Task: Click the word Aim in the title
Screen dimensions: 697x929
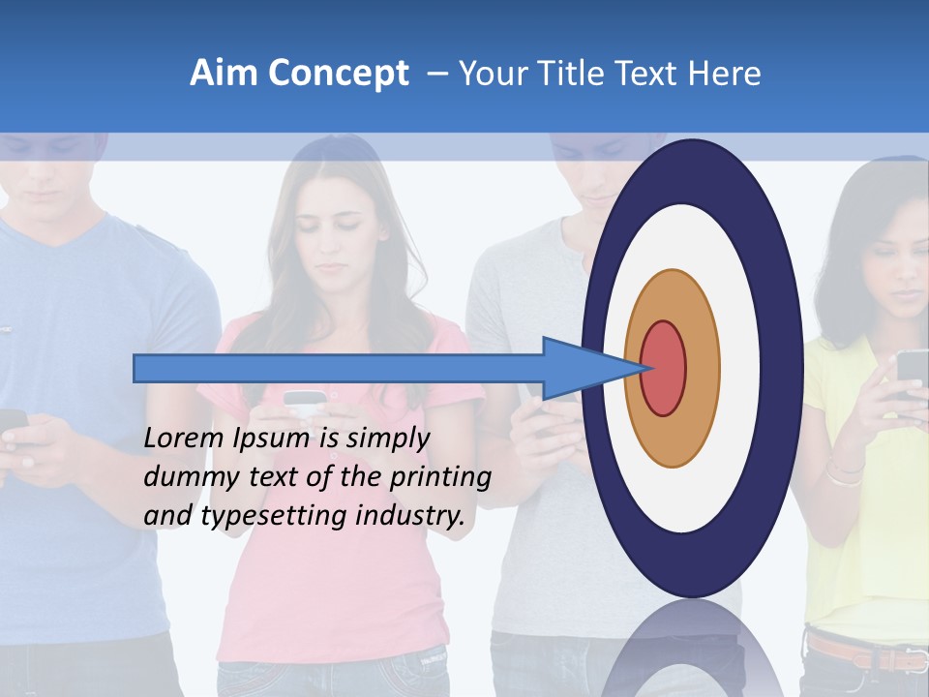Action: click(222, 74)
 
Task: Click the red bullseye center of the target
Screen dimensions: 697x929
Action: click(664, 368)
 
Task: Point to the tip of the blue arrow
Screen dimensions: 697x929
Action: click(645, 368)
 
